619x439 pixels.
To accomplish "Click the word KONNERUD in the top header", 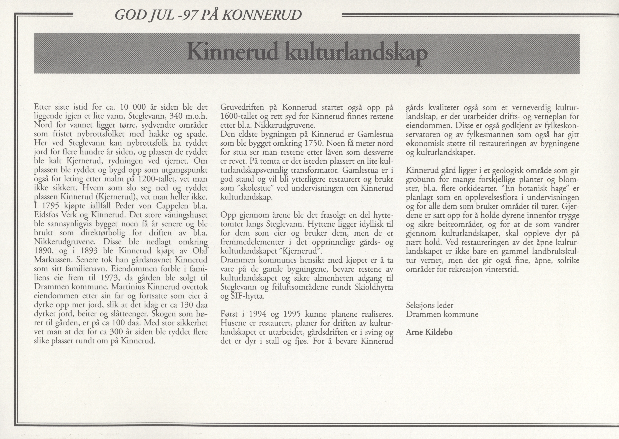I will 262,15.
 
